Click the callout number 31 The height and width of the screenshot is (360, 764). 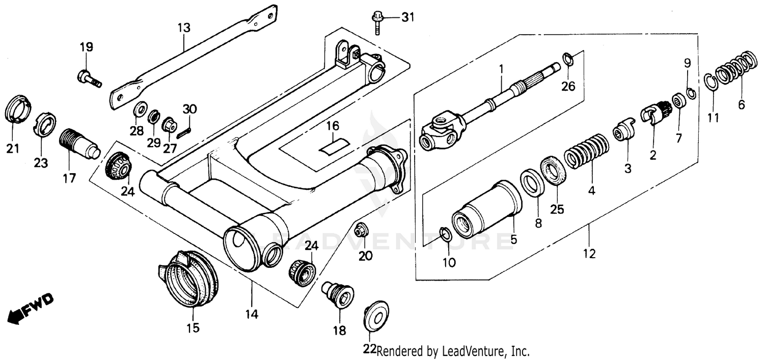[407, 18]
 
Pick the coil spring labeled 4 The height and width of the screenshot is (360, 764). [585, 152]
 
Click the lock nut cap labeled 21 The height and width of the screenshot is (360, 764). [18, 108]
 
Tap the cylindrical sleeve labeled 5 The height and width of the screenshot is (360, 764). [485, 209]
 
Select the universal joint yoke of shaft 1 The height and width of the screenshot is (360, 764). [441, 131]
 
